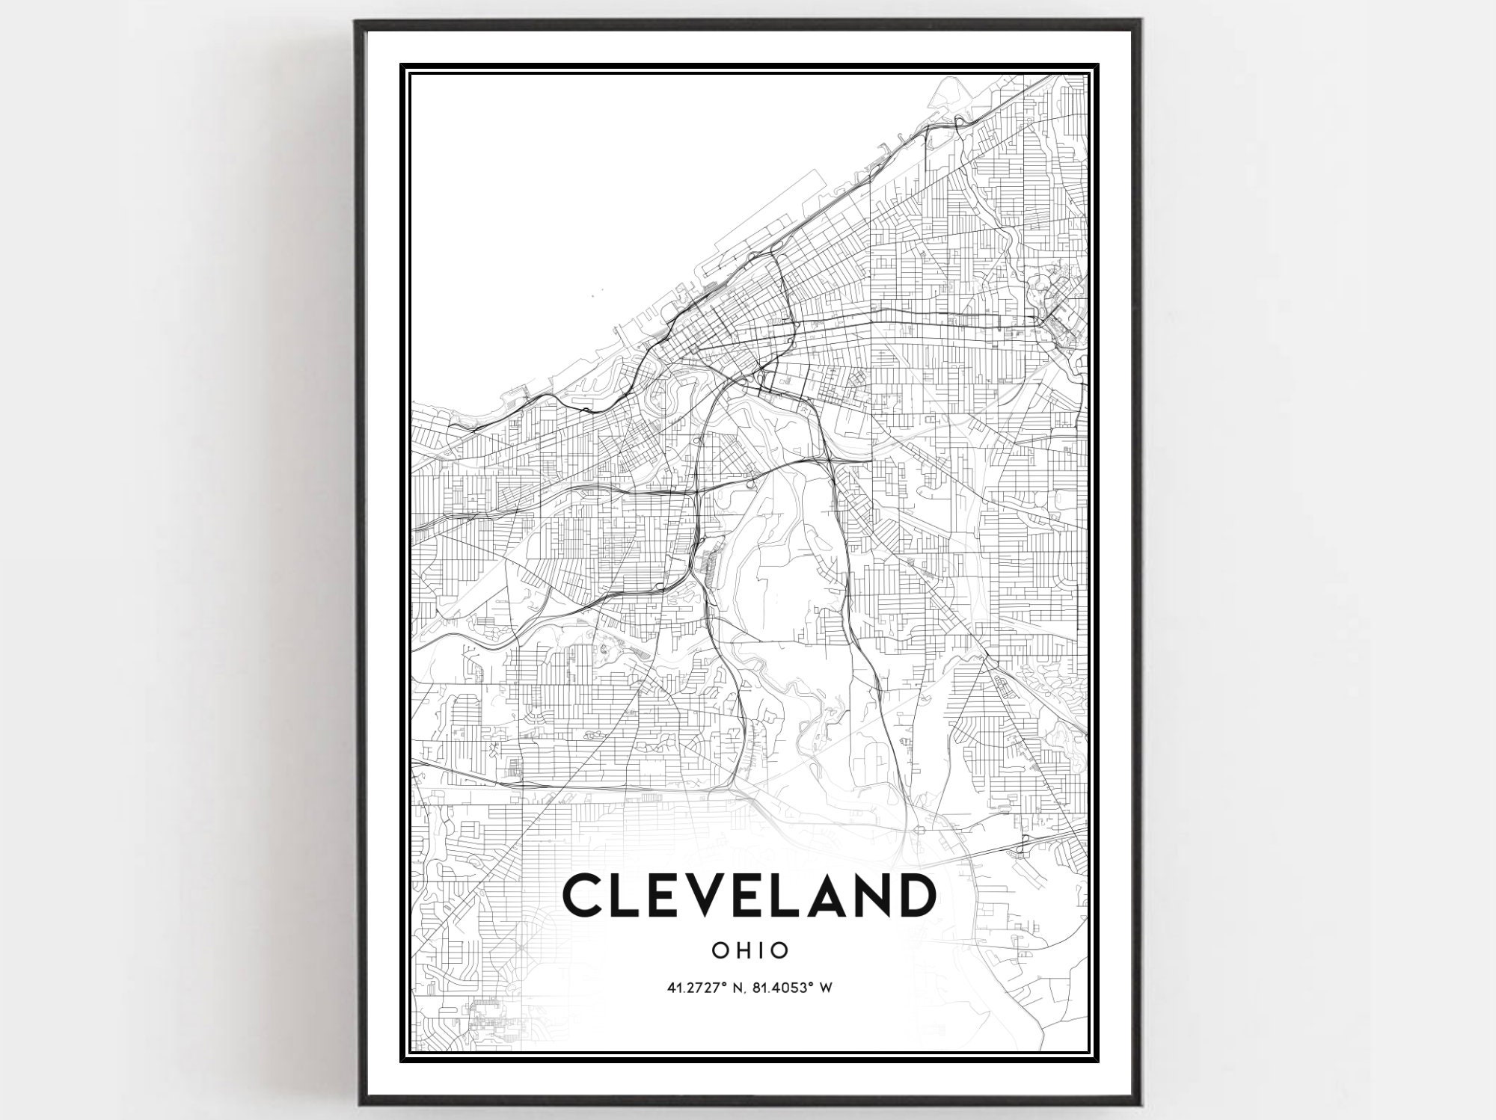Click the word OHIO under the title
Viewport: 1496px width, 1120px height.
tap(749, 950)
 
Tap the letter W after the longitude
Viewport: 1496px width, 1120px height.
tap(826, 988)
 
